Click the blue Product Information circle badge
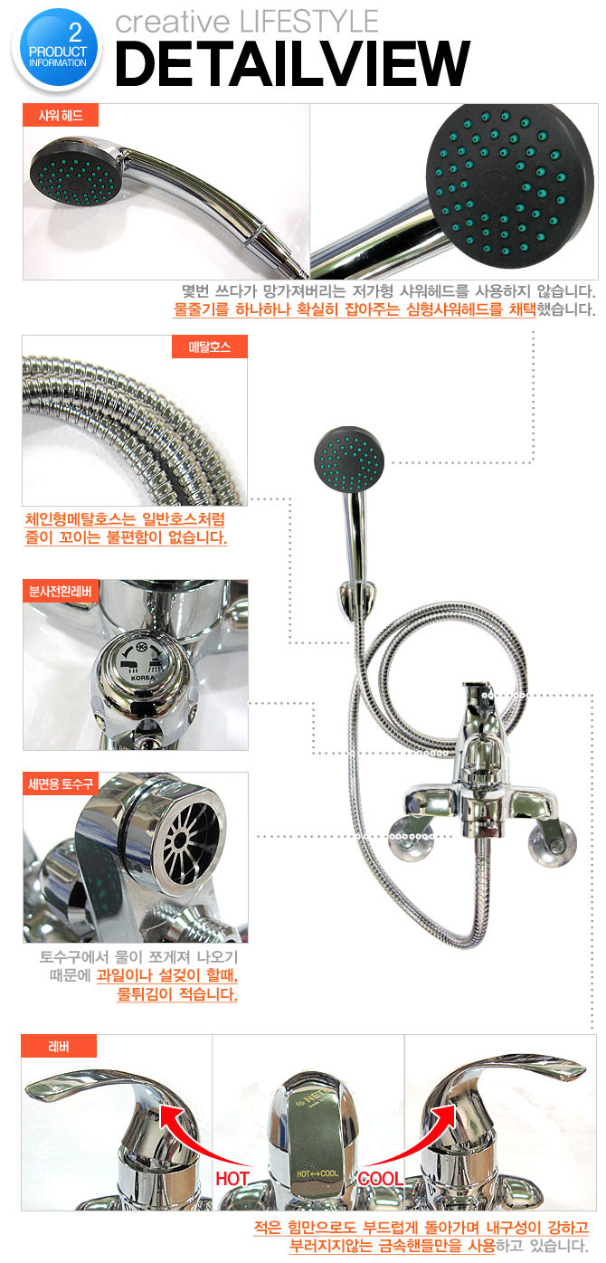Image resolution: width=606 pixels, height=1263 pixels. (58, 49)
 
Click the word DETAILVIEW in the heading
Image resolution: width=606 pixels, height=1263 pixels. (292, 63)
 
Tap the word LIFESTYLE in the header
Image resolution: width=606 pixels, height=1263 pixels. (309, 22)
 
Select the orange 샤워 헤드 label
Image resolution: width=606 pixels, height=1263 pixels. (61, 115)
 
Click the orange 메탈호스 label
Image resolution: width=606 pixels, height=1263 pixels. (210, 347)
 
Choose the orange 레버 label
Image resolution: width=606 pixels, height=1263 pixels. (59, 1047)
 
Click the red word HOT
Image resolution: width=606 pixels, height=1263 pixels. (232, 1178)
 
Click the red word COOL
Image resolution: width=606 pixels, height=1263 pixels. (381, 1178)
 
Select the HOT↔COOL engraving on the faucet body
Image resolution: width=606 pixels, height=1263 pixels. (317, 1173)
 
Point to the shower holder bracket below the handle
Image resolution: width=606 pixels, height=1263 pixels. (354, 601)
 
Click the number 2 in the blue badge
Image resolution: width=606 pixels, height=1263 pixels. (76, 33)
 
